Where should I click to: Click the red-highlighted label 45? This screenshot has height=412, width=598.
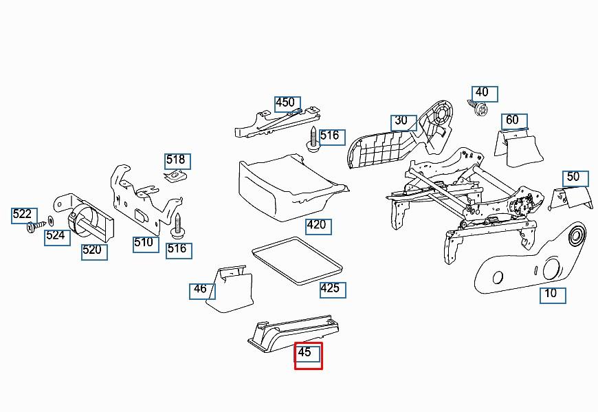(308, 356)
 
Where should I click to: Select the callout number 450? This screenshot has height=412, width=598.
(287, 104)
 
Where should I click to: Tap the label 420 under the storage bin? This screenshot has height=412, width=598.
(318, 226)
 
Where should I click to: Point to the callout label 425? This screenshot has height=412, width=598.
(333, 290)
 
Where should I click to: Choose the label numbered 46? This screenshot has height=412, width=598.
(202, 292)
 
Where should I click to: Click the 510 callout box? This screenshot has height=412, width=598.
(146, 244)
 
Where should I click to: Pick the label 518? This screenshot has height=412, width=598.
(178, 162)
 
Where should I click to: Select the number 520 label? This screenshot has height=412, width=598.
(94, 252)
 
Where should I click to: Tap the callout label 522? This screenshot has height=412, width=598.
(25, 216)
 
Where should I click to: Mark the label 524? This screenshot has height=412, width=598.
(57, 238)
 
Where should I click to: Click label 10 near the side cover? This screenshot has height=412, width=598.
(553, 296)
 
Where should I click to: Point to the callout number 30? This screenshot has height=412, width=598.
(403, 123)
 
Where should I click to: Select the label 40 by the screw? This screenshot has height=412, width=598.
(485, 94)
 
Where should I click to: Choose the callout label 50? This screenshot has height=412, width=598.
(575, 179)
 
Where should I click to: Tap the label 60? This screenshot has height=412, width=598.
(514, 122)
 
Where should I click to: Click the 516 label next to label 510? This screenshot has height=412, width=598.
(179, 250)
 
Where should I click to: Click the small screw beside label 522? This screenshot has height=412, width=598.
(36, 227)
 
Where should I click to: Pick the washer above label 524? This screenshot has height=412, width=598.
(50, 221)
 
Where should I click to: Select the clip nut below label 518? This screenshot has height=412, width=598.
(176, 176)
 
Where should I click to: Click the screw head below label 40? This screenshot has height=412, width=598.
(482, 110)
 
